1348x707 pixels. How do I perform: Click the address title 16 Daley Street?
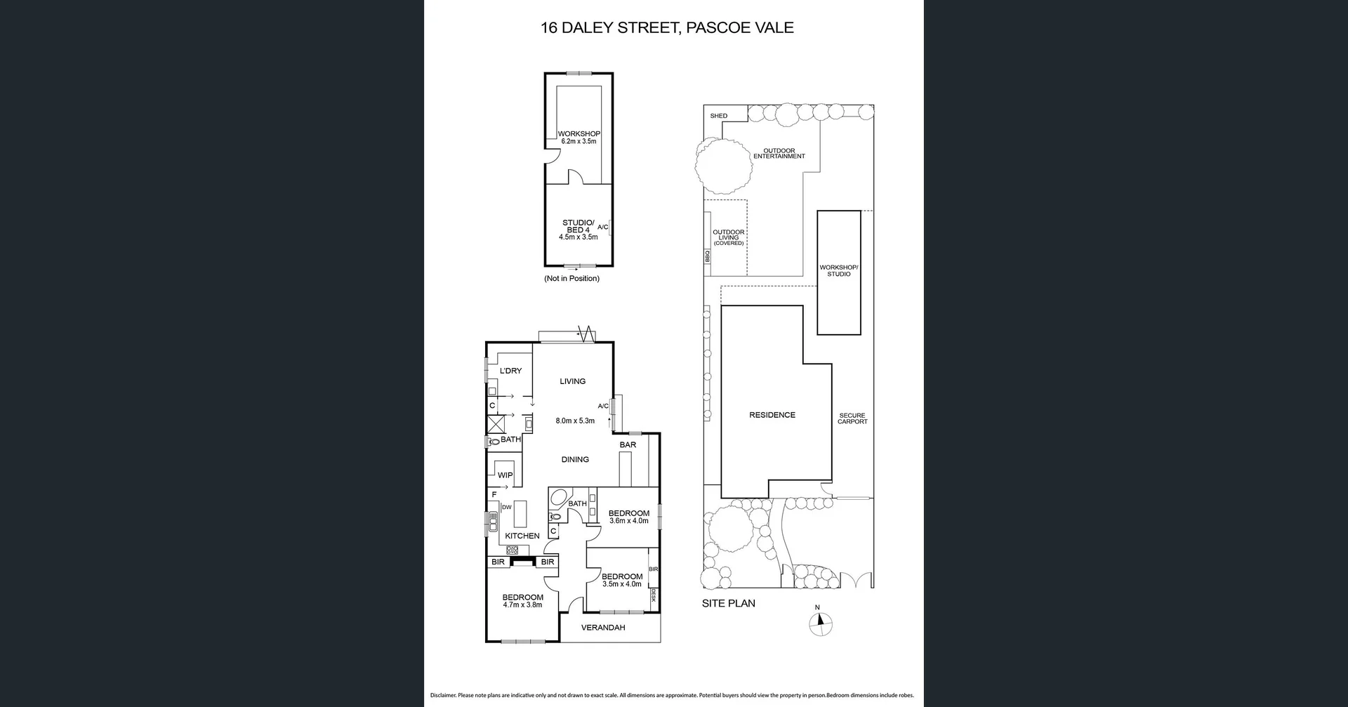(666, 28)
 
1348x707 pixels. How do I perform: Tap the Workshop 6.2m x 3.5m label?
(579, 137)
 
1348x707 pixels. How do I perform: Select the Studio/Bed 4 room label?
(578, 230)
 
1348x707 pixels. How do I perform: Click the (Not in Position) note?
(571, 279)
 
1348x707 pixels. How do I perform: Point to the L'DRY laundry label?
(510, 371)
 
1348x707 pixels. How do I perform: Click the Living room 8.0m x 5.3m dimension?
(574, 421)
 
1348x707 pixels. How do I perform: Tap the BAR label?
(628, 445)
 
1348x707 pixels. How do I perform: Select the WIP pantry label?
(505, 475)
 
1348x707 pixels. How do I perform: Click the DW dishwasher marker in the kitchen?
(506, 507)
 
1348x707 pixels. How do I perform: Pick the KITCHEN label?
(522, 536)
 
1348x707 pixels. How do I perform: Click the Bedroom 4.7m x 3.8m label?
(522, 601)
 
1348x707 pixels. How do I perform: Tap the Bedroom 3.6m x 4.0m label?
(628, 517)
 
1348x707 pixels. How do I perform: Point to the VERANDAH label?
(602, 628)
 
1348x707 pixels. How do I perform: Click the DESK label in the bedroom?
(653, 595)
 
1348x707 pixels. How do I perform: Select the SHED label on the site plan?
(718, 116)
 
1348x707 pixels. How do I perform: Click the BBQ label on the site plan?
(708, 257)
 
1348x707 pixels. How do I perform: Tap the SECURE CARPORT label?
(852, 418)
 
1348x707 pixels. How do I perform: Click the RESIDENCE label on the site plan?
(772, 415)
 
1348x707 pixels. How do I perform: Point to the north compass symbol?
(819, 623)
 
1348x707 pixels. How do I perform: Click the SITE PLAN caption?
(728, 603)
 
